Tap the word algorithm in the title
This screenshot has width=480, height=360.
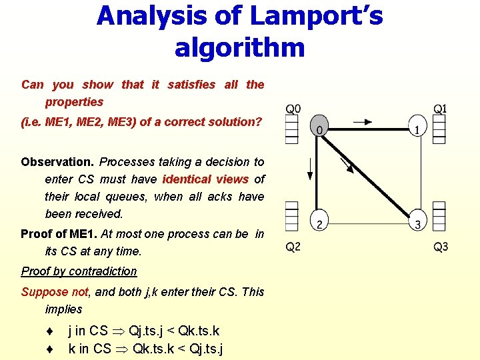[239, 47]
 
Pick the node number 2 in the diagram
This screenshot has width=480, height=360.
[319, 223]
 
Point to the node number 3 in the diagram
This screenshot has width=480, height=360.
[417, 223]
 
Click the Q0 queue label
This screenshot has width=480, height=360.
[293, 109]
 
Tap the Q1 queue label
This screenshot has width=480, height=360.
[440, 109]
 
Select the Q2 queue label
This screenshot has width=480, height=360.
[293, 247]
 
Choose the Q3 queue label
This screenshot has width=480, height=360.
[441, 247]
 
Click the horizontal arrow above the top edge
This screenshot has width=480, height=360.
[364, 122]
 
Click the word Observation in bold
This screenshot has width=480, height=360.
[58, 162]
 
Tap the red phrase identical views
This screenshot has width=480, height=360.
[205, 179]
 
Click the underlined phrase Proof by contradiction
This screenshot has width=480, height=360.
[79, 271]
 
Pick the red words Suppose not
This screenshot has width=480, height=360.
[45, 292]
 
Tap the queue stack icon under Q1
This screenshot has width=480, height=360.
[439, 129]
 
